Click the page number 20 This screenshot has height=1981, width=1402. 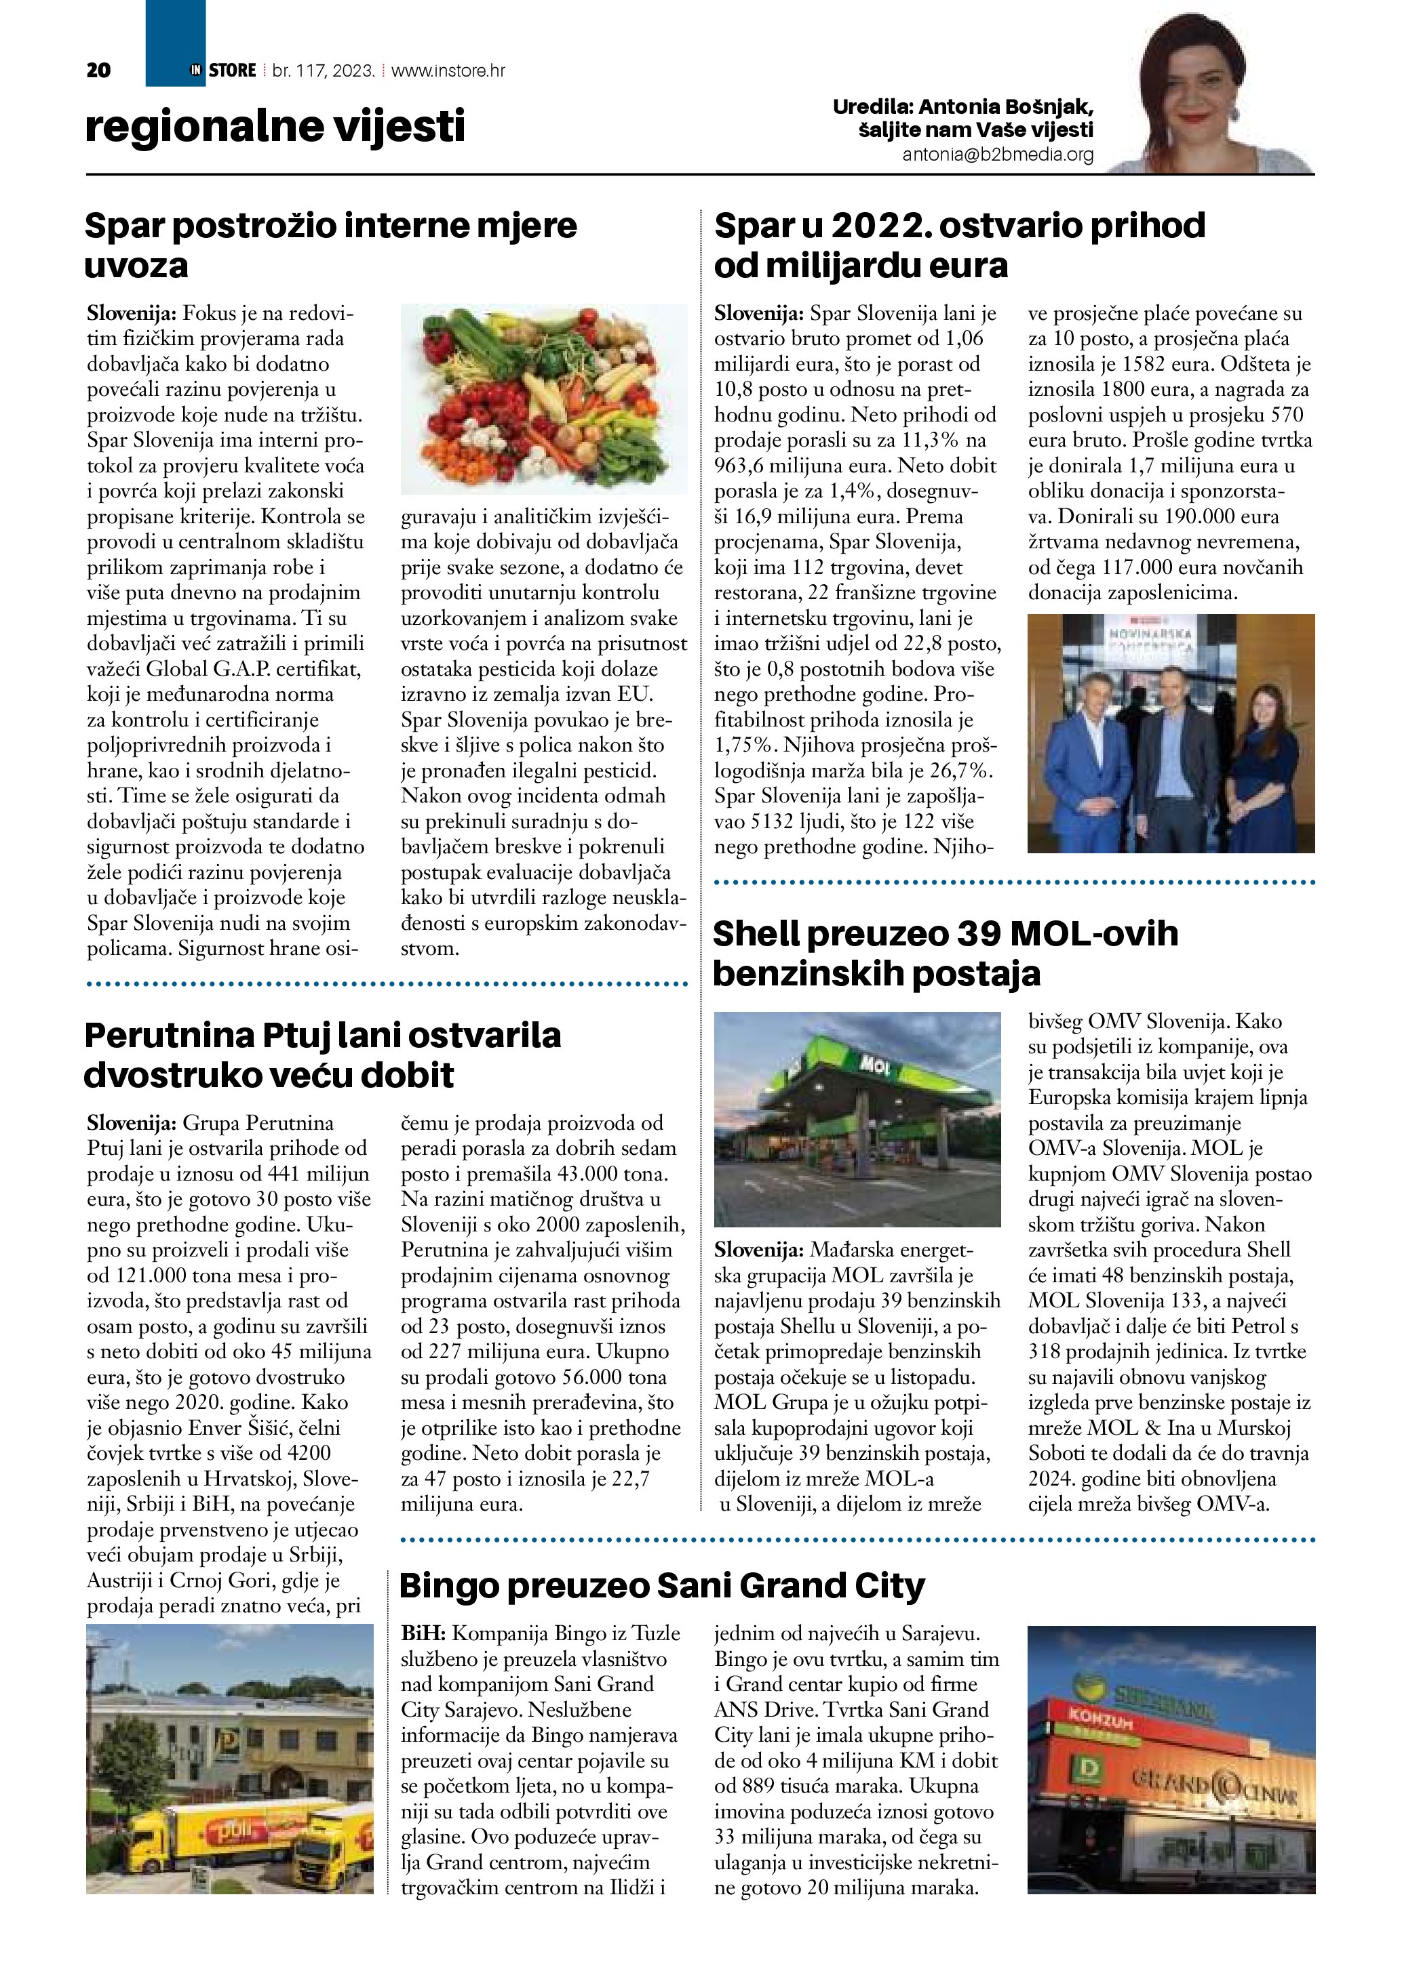[98, 70]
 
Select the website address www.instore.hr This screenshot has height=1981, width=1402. [448, 70]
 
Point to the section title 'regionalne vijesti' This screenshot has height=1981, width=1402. [275, 127]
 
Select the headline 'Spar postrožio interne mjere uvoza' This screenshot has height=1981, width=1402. [330, 245]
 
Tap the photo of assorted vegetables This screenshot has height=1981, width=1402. [544, 399]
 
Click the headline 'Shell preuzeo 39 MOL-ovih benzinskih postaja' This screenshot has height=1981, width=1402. [946, 954]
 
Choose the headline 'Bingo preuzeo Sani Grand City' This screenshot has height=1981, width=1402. [662, 1585]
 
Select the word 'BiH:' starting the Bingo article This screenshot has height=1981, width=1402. [423, 1633]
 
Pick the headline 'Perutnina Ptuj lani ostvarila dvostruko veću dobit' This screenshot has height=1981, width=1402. [322, 1055]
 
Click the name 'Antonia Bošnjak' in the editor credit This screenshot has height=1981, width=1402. [1006, 107]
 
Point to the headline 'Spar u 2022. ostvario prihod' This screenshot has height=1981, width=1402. [959, 226]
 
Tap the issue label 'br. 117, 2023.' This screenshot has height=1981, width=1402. [323, 70]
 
